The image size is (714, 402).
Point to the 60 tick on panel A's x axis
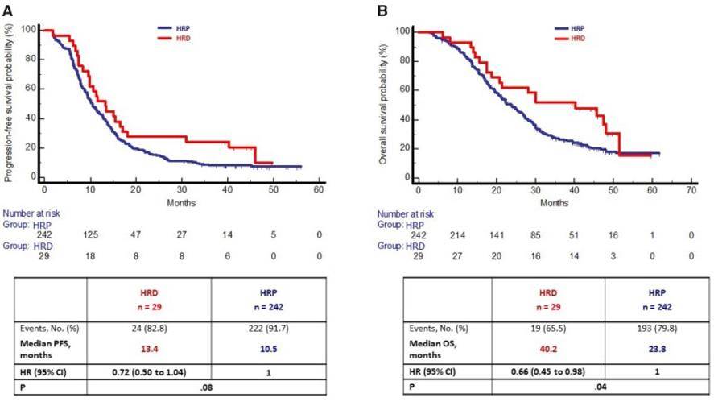coord(320,190)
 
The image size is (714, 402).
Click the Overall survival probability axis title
coord(384,103)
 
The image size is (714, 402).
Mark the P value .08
coord(207,387)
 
